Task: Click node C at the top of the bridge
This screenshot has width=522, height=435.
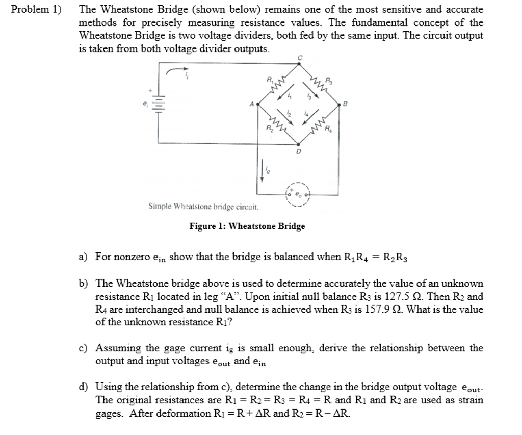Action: click(x=299, y=64)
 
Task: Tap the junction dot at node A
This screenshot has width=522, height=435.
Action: click(x=258, y=104)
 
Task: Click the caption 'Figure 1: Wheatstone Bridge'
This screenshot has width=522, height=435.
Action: click(x=247, y=226)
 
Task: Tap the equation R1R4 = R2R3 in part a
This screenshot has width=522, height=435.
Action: click(x=375, y=257)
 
